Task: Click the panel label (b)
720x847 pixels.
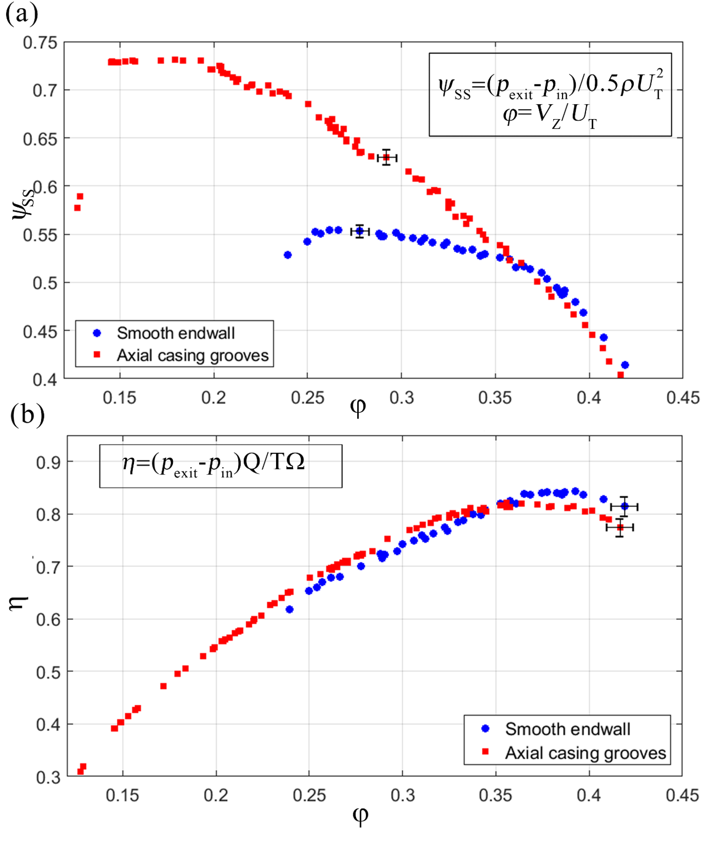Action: (x=27, y=415)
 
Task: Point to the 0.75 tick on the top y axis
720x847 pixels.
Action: (x=40, y=43)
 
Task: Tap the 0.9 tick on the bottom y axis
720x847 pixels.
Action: (x=48, y=462)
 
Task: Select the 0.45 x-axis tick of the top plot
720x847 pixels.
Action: (x=683, y=397)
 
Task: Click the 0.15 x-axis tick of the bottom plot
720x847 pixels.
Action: (x=122, y=795)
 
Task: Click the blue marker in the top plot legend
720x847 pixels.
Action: (x=97, y=333)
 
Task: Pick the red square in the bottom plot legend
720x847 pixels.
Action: (x=485, y=751)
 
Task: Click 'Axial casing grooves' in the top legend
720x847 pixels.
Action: (x=193, y=356)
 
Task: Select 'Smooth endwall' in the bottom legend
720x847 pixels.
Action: (x=567, y=729)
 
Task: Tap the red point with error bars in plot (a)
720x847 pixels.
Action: (x=387, y=158)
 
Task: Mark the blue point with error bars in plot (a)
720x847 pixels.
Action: (x=360, y=231)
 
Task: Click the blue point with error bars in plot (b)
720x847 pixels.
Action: (x=625, y=506)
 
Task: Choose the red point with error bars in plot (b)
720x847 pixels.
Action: (x=620, y=528)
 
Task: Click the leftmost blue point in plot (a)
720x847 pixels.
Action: (x=288, y=255)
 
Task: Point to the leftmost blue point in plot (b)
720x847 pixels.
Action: (x=290, y=609)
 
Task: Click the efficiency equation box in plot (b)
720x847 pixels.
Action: (x=221, y=465)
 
